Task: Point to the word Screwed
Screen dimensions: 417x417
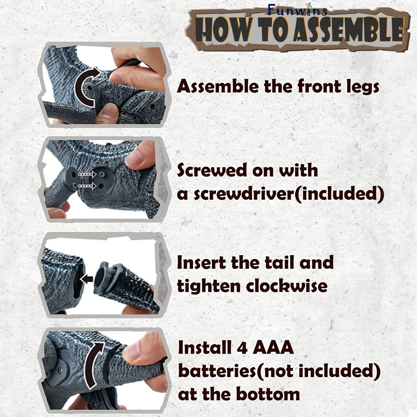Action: pos(212,170)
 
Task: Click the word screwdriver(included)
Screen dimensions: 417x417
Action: pos(289,194)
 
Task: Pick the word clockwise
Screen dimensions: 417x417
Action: pos(287,286)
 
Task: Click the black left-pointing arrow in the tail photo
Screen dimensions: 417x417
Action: pos(86,279)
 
